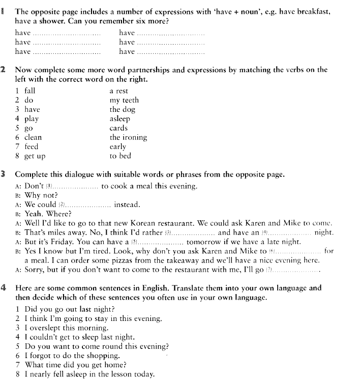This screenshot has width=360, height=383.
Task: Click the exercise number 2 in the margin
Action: pyautogui.click(x=4, y=70)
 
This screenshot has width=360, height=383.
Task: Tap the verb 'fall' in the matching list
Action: pyautogui.click(x=29, y=91)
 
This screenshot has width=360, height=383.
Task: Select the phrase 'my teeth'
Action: pyautogui.click(x=124, y=100)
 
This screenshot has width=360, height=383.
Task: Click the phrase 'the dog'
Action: pyautogui.click(x=121, y=109)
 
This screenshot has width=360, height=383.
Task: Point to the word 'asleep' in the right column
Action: pyautogui.click(x=119, y=119)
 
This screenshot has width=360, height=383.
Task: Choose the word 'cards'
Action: pyautogui.click(x=118, y=128)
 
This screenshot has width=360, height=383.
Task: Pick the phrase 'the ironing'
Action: pyautogui.click(x=128, y=137)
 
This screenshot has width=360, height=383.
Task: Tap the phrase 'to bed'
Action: pyautogui.click(x=120, y=156)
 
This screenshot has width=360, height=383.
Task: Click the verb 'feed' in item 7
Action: pyautogui.click(x=31, y=146)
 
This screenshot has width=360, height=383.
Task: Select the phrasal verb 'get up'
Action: pyautogui.click(x=35, y=156)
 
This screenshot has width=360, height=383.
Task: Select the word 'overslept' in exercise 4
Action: pyautogui.click(x=46, y=328)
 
